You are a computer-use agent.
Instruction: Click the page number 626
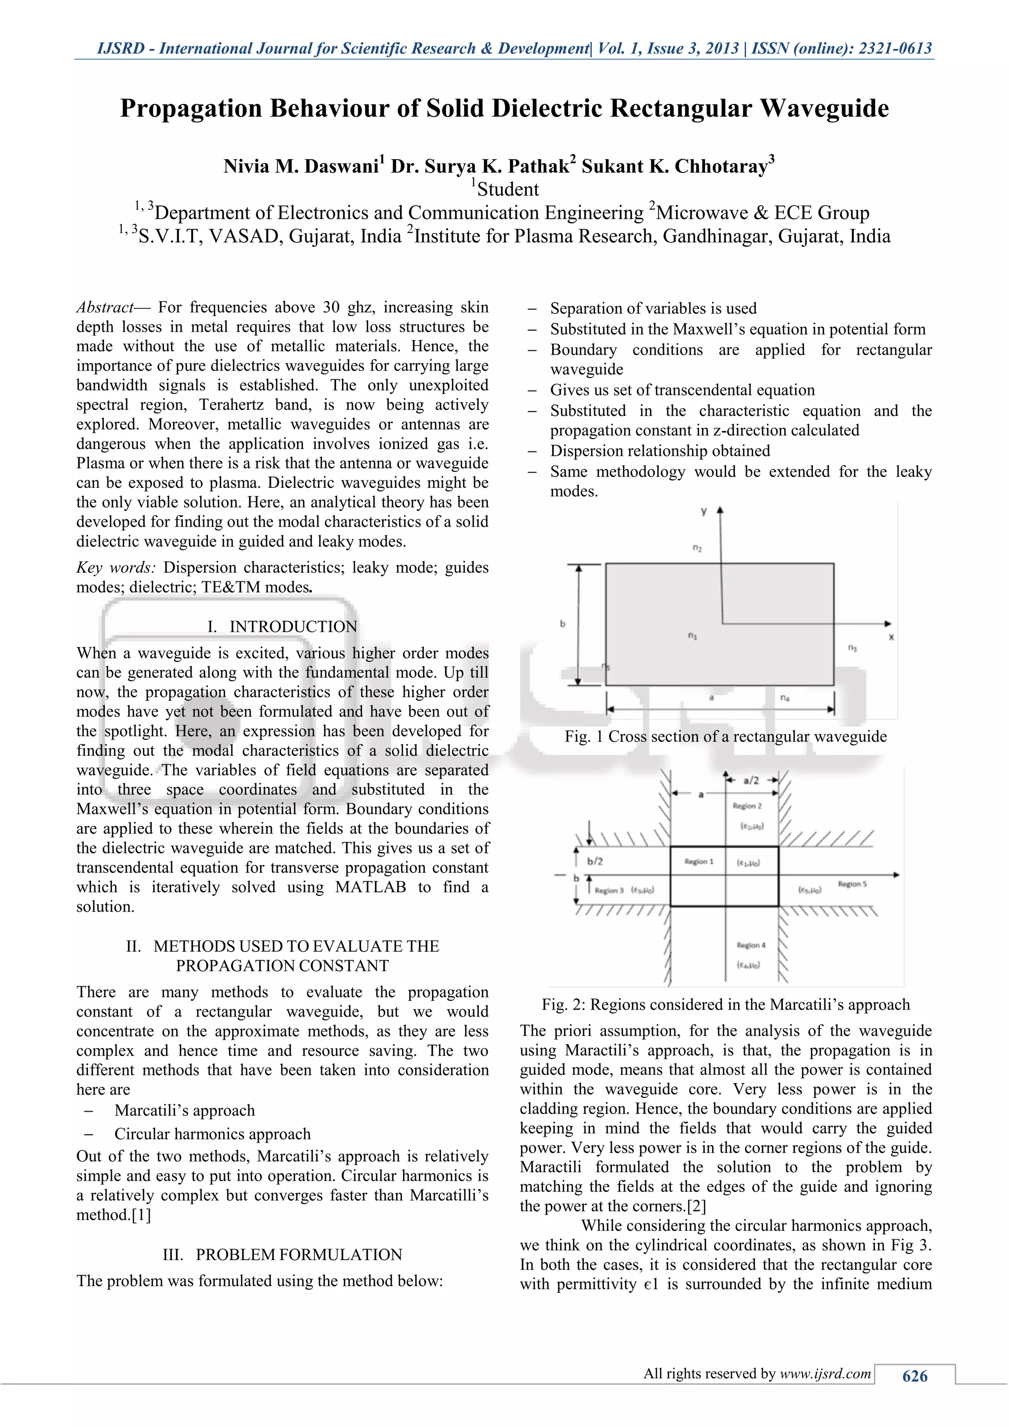[x=914, y=1376]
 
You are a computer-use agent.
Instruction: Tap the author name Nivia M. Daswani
[x=301, y=167]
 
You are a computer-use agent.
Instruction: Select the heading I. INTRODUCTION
[x=282, y=626]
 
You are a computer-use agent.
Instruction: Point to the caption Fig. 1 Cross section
[x=725, y=737]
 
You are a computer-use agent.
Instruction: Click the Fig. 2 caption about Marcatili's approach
[x=725, y=1005]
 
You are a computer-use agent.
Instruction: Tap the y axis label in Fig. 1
[x=704, y=511]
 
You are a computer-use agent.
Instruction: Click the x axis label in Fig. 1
[x=891, y=637]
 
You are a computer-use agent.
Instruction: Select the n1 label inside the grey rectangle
[x=692, y=635]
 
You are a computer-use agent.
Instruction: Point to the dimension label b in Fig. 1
[x=563, y=623]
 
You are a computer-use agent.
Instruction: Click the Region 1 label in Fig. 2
[x=699, y=861]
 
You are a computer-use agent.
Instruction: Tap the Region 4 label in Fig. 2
[x=751, y=945]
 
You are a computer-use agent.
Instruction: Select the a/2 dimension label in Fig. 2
[x=751, y=781]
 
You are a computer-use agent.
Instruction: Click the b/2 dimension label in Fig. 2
[x=595, y=861]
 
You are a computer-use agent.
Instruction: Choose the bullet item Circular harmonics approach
[x=212, y=1134]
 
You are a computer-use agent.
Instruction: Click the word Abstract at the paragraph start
[x=104, y=307]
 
